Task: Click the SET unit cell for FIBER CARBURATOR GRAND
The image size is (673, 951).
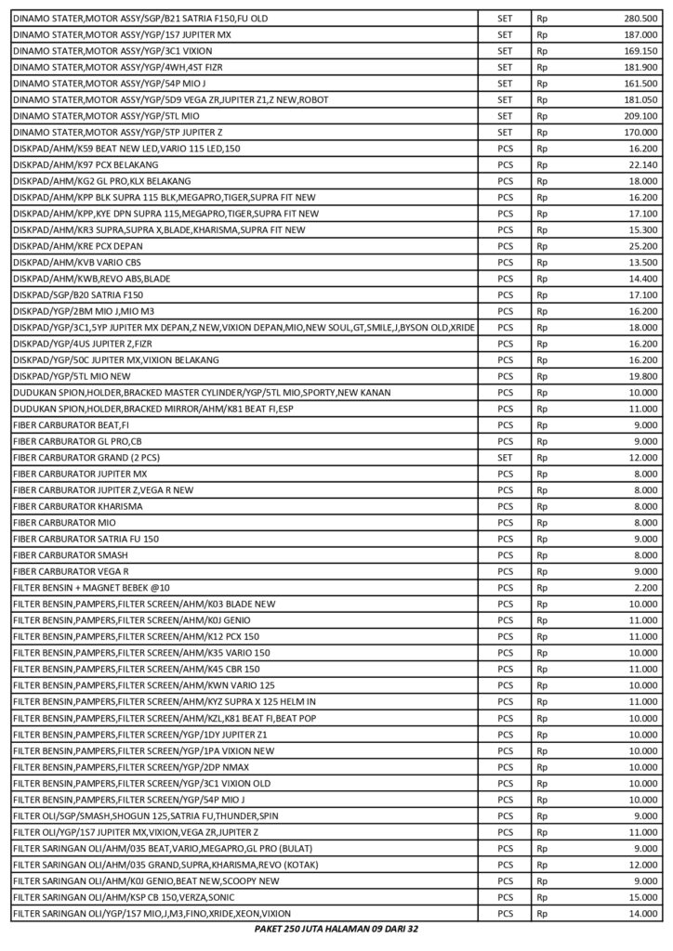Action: coord(505,458)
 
